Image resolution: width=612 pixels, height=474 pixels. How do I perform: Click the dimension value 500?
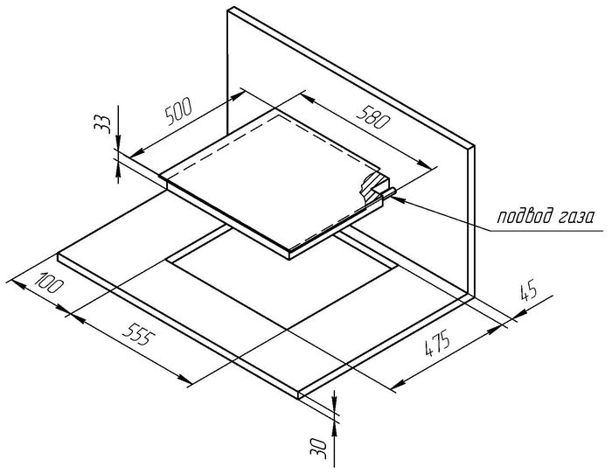(178, 111)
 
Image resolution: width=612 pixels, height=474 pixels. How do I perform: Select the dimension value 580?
(373, 116)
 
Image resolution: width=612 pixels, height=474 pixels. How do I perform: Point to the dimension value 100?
(49, 282)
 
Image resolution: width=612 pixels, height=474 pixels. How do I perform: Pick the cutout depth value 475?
(437, 344)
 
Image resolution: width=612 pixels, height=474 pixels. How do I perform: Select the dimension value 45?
(529, 291)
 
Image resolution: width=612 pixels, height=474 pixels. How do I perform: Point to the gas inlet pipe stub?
(387, 192)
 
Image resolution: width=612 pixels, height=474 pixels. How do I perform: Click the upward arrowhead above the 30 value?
(334, 430)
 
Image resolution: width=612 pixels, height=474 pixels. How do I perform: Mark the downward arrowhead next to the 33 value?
(119, 142)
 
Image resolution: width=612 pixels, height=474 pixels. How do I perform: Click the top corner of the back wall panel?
(233, 7)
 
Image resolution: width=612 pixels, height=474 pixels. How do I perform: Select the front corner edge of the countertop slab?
(299, 394)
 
